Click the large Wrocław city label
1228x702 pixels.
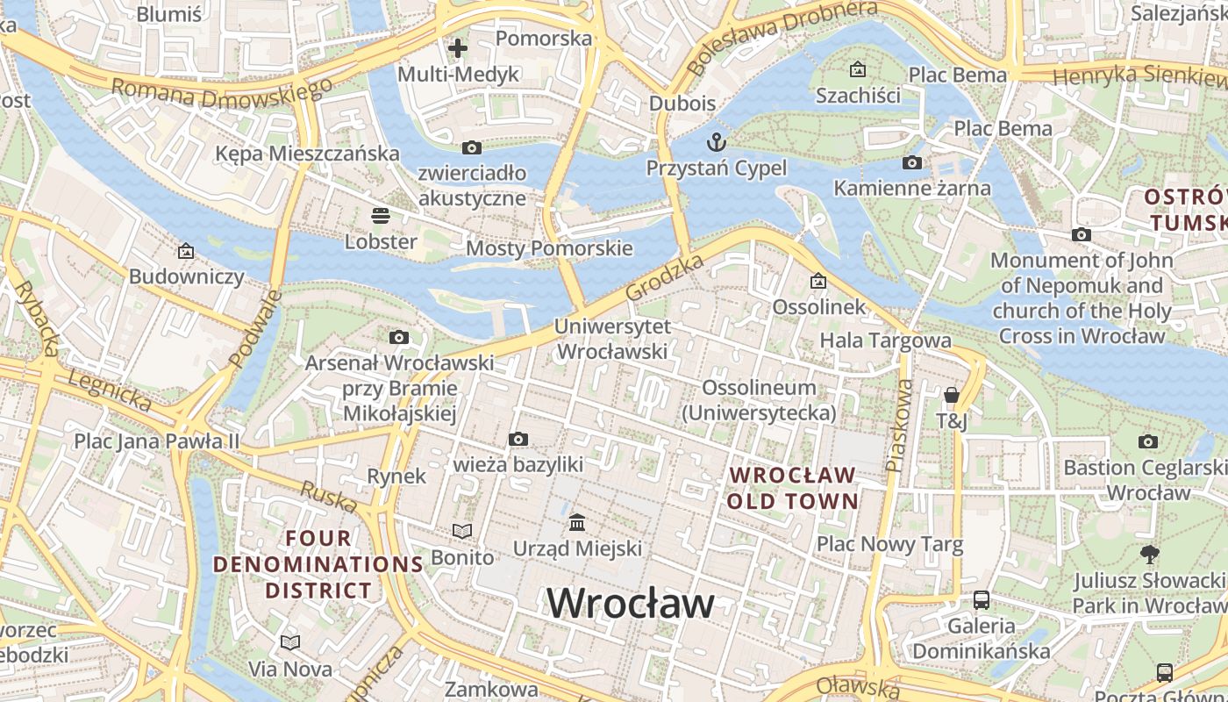pyautogui.click(x=631, y=603)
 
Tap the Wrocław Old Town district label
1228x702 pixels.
pyautogui.click(x=793, y=488)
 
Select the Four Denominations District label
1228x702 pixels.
pyautogui.click(x=318, y=563)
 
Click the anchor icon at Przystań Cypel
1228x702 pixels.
pyautogui.click(x=717, y=141)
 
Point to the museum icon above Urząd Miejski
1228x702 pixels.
pyautogui.click(x=577, y=522)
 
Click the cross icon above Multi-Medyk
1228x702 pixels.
pyautogui.click(x=458, y=48)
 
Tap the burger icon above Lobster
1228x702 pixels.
pyautogui.click(x=381, y=215)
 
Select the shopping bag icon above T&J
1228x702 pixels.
pyautogui.click(x=952, y=395)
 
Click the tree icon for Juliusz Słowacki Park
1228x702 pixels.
pyautogui.click(x=1149, y=554)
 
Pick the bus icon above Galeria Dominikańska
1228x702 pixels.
pyautogui.click(x=982, y=600)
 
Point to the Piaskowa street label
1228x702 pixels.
pyautogui.click(x=900, y=426)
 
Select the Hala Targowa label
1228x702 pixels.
pyautogui.click(x=885, y=340)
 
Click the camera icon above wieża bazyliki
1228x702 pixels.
pyautogui.click(x=518, y=439)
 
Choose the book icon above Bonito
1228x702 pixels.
pyautogui.click(x=462, y=531)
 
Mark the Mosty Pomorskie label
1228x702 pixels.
pyautogui.click(x=549, y=248)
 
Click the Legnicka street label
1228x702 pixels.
pyautogui.click(x=110, y=390)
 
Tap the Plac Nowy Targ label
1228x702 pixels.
pyautogui.click(x=889, y=544)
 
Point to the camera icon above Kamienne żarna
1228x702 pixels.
pyautogui.click(x=912, y=162)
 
